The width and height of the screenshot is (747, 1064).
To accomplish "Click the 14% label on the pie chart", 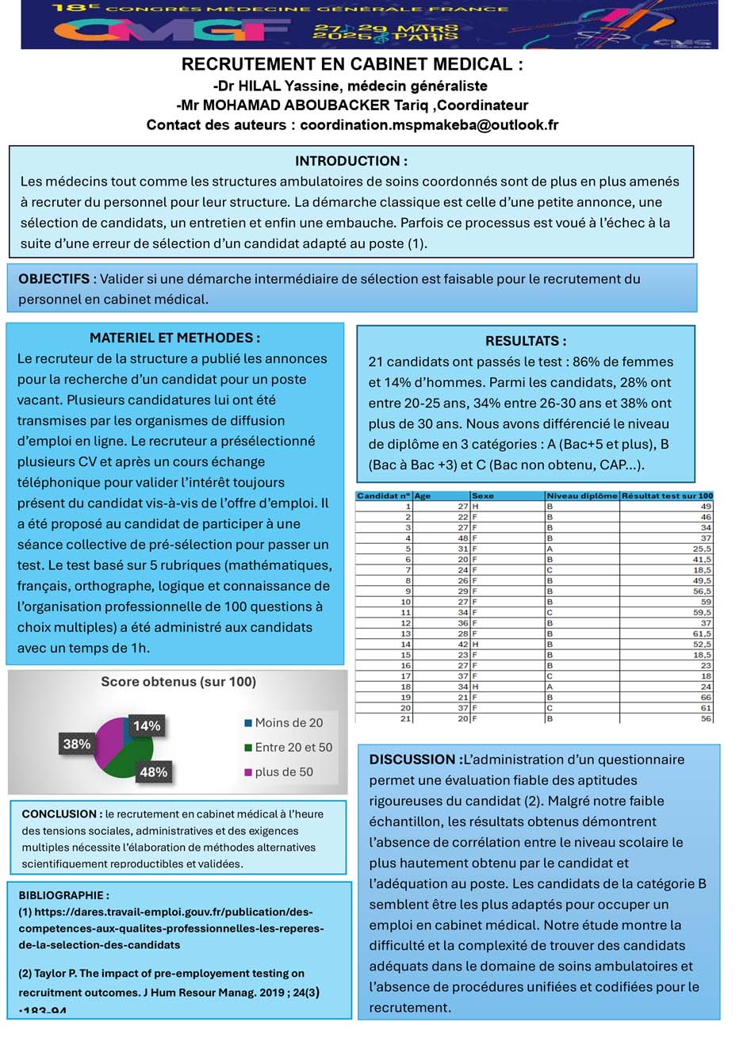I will coord(147,725).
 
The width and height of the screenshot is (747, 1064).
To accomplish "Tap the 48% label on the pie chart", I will coord(153,772).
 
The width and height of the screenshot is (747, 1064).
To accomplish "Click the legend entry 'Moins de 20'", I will coord(288,723).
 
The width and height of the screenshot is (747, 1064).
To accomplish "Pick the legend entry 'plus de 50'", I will coord(283,771).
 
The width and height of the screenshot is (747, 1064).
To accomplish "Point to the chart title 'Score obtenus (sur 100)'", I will coord(178,682).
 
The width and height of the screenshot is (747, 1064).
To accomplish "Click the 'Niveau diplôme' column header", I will coord(581,496).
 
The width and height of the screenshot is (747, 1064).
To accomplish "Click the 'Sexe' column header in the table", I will coord(483,496).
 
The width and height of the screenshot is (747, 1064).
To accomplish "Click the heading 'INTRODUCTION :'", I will coord(351,161).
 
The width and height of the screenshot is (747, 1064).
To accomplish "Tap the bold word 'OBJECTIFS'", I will coord(54,279).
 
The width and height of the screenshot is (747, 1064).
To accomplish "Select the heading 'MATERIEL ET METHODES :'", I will coord(175,338).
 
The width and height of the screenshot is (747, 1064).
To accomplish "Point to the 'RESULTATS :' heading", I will coord(526,342).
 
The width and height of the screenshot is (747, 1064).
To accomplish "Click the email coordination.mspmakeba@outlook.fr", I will coord(429,125).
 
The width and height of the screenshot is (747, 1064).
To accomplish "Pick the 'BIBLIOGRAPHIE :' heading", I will coord(64,895).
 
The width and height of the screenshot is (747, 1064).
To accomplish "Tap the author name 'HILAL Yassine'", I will coord(283,86).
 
